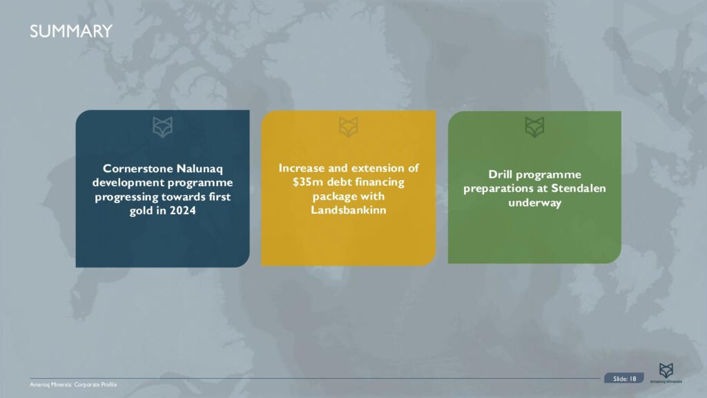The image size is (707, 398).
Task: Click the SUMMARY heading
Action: (70, 31)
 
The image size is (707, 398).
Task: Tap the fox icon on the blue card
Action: (163, 126)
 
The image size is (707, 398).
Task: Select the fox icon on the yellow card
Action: (349, 126)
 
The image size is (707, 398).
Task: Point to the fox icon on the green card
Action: (534, 126)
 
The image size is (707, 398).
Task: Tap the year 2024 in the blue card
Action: (182, 211)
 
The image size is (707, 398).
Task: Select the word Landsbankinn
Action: (348, 209)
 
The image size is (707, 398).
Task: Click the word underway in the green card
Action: (534, 202)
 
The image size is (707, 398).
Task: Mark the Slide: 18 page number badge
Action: (624, 378)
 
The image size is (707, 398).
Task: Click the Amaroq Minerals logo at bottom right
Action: (666, 372)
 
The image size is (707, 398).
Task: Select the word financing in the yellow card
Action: (375, 182)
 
